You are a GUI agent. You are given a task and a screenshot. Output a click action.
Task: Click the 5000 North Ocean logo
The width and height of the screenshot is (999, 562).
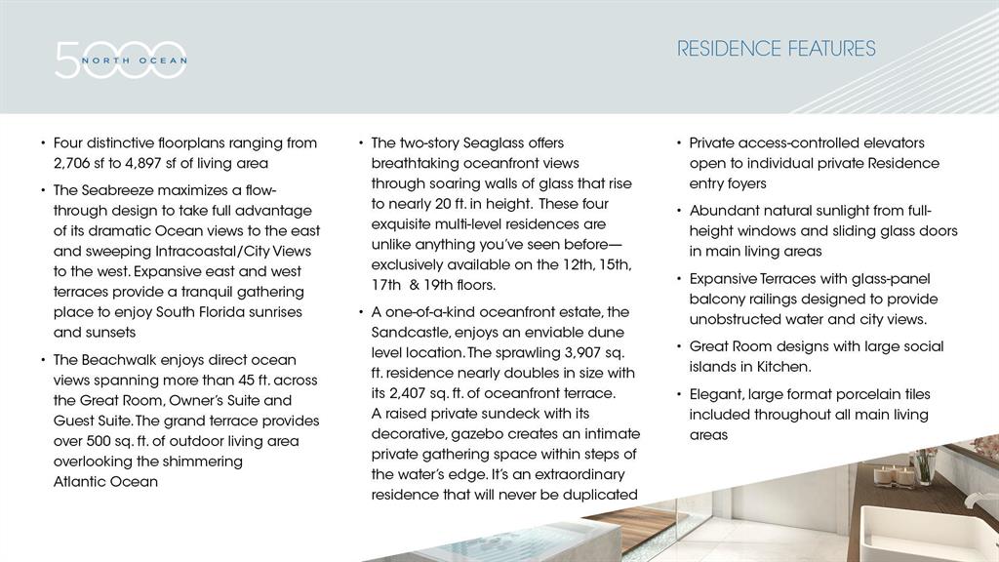click(120, 60)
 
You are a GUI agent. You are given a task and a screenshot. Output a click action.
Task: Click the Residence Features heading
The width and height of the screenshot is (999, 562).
click(777, 49)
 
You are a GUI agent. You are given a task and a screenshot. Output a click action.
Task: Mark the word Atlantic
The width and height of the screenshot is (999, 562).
click(78, 482)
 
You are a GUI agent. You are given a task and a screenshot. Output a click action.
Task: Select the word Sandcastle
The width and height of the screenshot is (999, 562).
click(413, 333)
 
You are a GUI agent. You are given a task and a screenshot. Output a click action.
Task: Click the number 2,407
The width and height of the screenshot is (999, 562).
click(416, 393)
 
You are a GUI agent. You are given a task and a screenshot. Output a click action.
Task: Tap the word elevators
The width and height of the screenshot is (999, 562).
click(892, 142)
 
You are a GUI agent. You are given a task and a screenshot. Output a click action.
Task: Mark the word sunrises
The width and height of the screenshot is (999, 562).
click(270, 312)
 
